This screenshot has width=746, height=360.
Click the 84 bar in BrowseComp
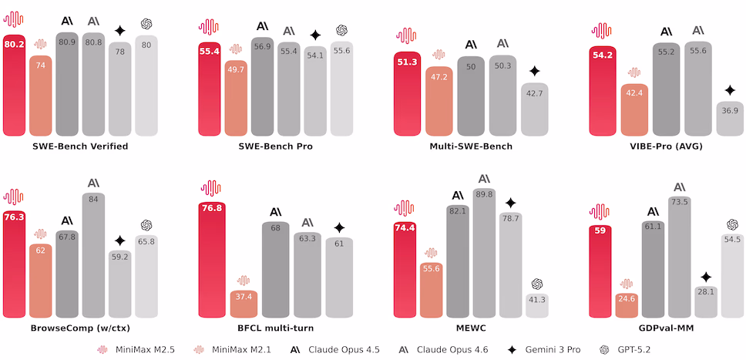pyautogui.click(x=93, y=254)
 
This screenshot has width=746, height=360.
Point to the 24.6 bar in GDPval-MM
pyautogui.click(x=627, y=304)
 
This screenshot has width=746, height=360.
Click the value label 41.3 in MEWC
pyautogui.click(x=536, y=298)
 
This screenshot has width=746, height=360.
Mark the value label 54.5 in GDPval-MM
pyautogui.click(x=731, y=240)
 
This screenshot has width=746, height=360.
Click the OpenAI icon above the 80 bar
pyautogui.click(x=147, y=29)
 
